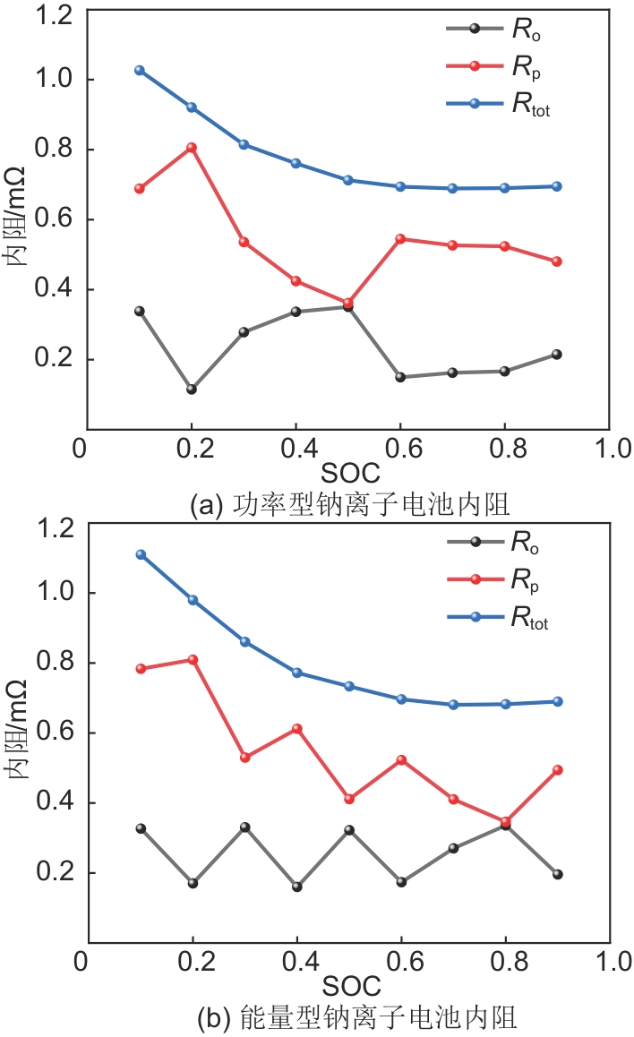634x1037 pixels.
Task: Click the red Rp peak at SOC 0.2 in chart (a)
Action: pyautogui.click(x=191, y=148)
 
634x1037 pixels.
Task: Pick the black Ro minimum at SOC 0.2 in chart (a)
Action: pyautogui.click(x=191, y=389)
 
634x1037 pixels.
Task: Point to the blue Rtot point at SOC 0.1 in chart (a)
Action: pyautogui.click(x=140, y=70)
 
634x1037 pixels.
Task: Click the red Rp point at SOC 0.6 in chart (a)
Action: pyautogui.click(x=400, y=239)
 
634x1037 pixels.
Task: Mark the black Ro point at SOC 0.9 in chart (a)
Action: pyautogui.click(x=556, y=355)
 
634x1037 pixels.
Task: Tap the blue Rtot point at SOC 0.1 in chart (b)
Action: pyautogui.click(x=140, y=554)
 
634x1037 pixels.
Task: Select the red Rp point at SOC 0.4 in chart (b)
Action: pyautogui.click(x=296, y=729)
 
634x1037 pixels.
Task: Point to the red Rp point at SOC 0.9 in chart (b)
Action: pyautogui.click(x=556, y=770)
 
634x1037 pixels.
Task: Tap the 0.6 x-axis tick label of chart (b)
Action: pyautogui.click(x=399, y=963)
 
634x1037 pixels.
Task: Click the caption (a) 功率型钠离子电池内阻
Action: pyautogui.click(x=350, y=506)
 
